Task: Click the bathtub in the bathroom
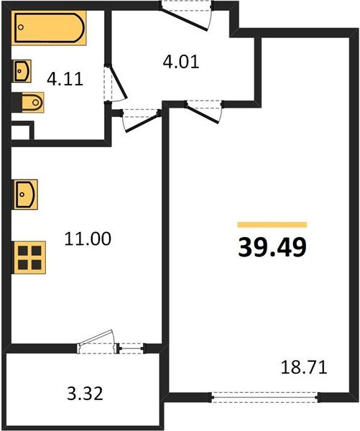click(x=48, y=28)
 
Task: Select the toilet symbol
click(x=32, y=104)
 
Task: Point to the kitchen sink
click(x=28, y=194)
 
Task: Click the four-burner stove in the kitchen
click(x=30, y=256)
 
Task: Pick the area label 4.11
click(x=64, y=78)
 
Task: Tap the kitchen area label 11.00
click(x=88, y=238)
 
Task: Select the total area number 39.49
click(x=272, y=246)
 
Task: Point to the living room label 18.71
click(x=303, y=369)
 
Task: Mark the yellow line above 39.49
click(x=272, y=225)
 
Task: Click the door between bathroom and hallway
click(x=115, y=85)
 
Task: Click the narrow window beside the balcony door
click(x=130, y=348)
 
